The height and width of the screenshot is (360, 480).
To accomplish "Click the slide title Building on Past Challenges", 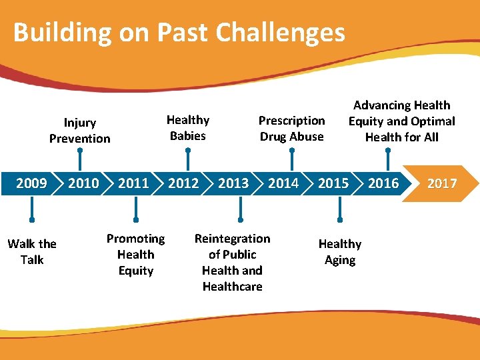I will (x=179, y=32).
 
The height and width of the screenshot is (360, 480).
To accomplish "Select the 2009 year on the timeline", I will (x=31, y=183).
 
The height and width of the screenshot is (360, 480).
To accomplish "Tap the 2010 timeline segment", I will (x=83, y=183).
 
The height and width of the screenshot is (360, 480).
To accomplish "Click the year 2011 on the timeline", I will (x=133, y=183).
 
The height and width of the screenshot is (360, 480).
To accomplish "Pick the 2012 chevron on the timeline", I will (x=183, y=183).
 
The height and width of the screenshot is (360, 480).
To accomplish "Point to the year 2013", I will (x=233, y=183).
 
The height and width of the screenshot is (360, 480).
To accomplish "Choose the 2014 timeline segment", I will (x=283, y=183).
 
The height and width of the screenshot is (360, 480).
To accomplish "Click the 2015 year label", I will (x=333, y=183).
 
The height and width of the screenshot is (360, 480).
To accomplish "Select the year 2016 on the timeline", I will (x=383, y=183).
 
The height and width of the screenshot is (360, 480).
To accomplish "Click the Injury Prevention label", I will (x=79, y=131).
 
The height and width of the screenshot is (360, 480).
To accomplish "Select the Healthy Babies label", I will (x=187, y=128).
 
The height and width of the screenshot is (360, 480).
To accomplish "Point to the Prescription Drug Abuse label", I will (x=291, y=129).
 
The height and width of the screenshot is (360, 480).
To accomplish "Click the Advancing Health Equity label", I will (x=401, y=121).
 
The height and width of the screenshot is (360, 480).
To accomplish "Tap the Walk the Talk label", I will (x=32, y=252).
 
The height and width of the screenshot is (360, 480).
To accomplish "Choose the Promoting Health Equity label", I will (x=136, y=255).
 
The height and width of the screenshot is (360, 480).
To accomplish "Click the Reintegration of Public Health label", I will (x=232, y=262).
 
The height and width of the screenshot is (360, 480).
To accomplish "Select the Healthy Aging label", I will (x=340, y=252).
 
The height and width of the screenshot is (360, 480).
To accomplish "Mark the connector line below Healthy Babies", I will (x=188, y=158).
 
